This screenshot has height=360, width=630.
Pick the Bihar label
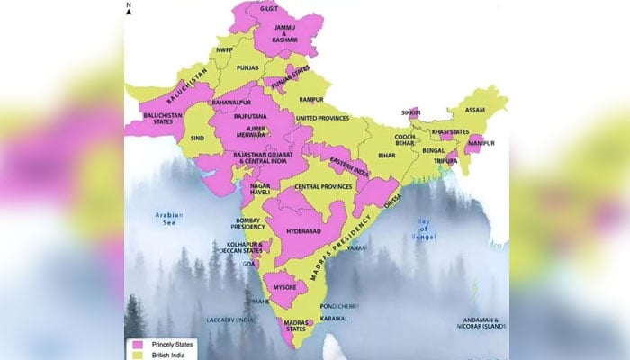click(388, 156)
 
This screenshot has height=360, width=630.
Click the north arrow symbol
click(129, 11)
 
